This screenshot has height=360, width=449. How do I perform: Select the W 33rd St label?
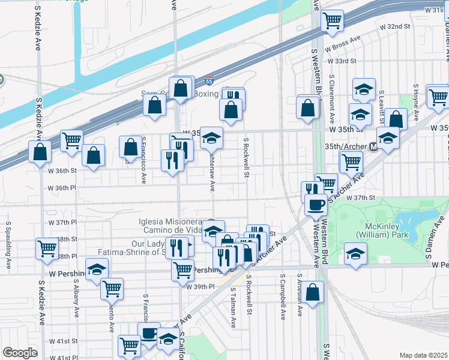[x=342, y=61]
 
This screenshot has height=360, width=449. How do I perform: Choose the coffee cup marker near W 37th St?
[x=316, y=205]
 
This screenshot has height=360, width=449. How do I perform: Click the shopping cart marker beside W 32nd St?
[x=332, y=22]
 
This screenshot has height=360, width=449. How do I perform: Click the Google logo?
[x=20, y=353]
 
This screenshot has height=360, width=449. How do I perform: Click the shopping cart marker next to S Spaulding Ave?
[x=47, y=248]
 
